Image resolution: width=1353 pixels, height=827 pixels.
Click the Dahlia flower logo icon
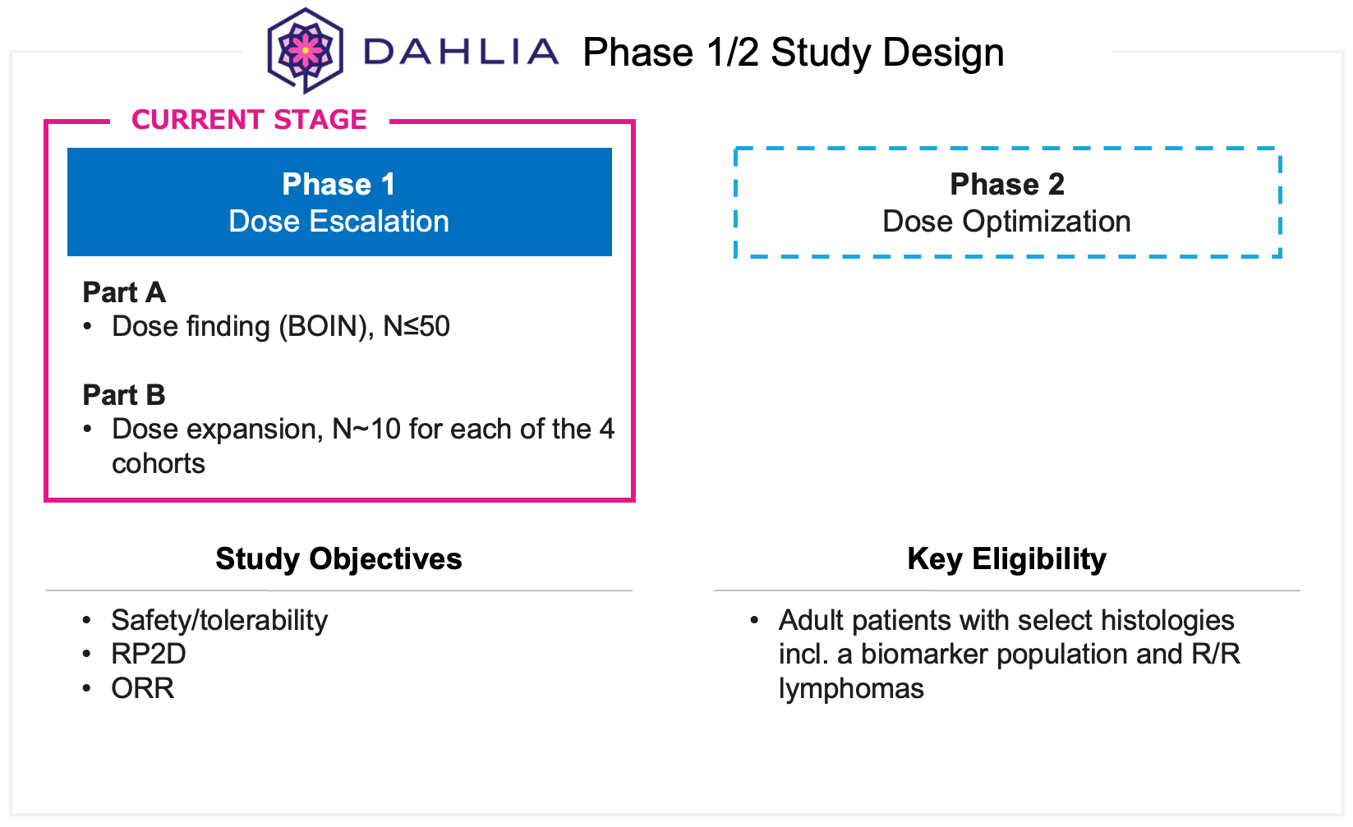pyautogui.click(x=305, y=50)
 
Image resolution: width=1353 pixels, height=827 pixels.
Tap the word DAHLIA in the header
pyautogui.click(x=461, y=52)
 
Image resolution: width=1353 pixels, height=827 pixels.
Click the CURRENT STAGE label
pyautogui.click(x=249, y=120)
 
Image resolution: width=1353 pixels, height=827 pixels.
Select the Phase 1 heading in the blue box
pyautogui.click(x=338, y=184)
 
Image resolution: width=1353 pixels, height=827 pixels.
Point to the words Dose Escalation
pyautogui.click(x=338, y=222)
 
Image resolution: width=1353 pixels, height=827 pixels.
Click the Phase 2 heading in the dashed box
pyautogui.click(x=1007, y=184)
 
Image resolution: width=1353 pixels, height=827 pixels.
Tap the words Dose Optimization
pyautogui.click(x=1006, y=222)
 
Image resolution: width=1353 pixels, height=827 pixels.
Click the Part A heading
pyautogui.click(x=124, y=292)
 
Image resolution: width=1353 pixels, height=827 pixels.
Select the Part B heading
pyautogui.click(x=124, y=395)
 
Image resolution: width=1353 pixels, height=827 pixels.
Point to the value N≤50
pyautogui.click(x=416, y=327)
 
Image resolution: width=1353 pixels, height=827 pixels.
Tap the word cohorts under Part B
pyautogui.click(x=159, y=464)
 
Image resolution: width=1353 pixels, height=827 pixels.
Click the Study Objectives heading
pyautogui.click(x=338, y=558)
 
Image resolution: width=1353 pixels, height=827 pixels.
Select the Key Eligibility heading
pyautogui.click(x=1006, y=558)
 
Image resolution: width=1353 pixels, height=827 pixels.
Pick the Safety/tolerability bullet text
pyautogui.click(x=219, y=620)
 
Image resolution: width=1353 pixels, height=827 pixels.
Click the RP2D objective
pyautogui.click(x=149, y=654)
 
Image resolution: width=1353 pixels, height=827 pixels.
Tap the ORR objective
pyautogui.click(x=143, y=688)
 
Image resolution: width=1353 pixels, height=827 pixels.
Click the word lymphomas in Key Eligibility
pyautogui.click(x=851, y=688)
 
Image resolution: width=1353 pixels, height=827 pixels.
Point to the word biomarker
pyautogui.click(x=923, y=655)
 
